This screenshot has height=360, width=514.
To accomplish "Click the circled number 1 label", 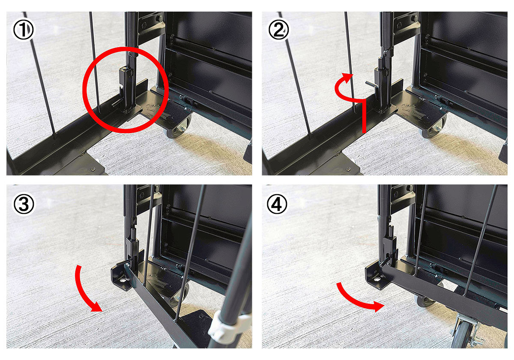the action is pos(23,30).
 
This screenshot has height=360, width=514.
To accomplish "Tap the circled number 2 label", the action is pos(278,30).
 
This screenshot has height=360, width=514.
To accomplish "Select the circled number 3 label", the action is pos(24,204).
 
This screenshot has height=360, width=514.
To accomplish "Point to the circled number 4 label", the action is pos(277,204).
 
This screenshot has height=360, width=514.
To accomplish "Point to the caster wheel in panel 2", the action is pos(433,127).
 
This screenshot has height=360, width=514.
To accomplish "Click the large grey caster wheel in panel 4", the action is pos(461,336).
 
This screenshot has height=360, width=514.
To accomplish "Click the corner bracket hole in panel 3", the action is pos(123,280).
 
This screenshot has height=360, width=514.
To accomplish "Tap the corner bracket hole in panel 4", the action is pos(377,280).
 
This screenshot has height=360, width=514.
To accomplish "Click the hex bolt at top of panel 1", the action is pos(159,18).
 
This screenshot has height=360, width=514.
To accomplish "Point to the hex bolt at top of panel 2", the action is pos(415,18).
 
